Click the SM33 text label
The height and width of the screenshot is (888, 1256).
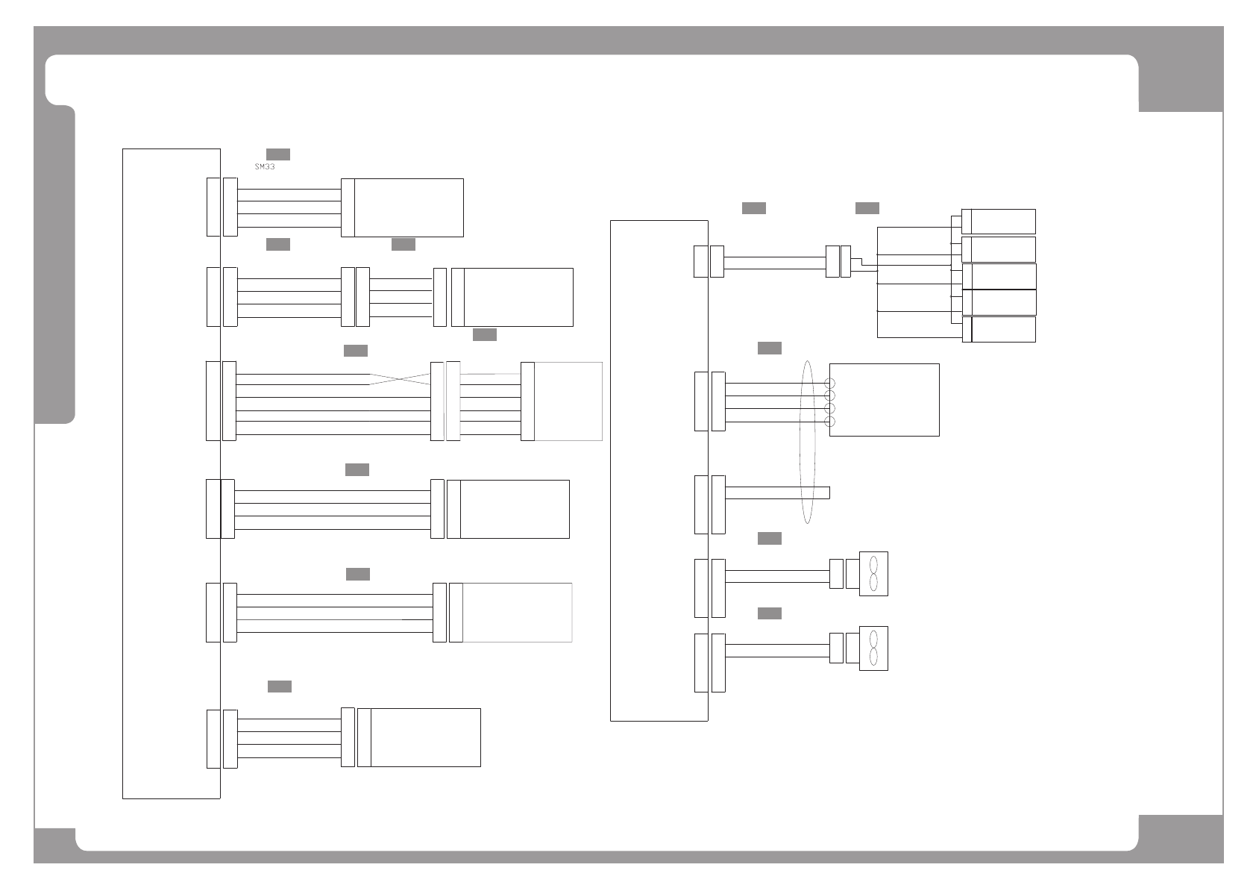(x=265, y=167)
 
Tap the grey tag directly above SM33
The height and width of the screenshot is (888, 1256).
(x=278, y=154)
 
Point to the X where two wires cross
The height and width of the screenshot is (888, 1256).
(x=400, y=379)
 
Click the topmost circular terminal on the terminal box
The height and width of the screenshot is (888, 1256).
(x=829, y=383)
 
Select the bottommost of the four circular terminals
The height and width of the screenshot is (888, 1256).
(x=829, y=422)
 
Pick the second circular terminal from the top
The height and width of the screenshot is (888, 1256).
(x=829, y=396)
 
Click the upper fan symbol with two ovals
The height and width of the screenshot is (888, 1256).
(x=873, y=574)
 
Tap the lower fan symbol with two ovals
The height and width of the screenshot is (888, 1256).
(x=873, y=648)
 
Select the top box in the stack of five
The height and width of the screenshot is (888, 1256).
(x=1002, y=222)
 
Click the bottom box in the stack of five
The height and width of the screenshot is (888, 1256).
(x=1002, y=329)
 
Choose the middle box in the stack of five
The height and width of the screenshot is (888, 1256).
(x=1002, y=276)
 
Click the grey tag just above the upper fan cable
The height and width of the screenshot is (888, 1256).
(x=770, y=539)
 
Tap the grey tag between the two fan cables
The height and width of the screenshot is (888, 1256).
(x=770, y=613)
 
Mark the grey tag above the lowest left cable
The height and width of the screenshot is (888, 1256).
(x=280, y=687)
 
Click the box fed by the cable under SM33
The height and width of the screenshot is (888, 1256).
(x=408, y=207)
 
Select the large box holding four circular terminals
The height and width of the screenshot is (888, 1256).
(x=884, y=400)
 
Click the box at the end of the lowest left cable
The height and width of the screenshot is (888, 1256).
(x=425, y=737)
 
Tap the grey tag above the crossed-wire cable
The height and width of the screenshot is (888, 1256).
(x=356, y=351)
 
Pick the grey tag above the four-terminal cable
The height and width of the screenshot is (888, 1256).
(x=770, y=348)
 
